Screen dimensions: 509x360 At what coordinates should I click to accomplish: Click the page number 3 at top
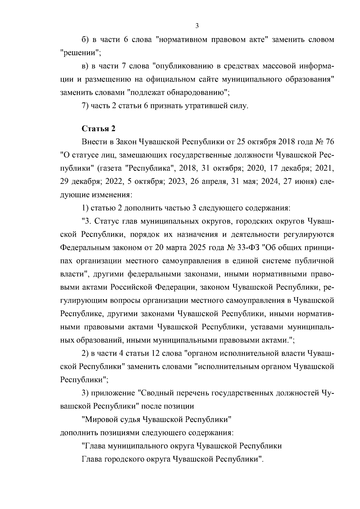pyautogui.click(x=197, y=26)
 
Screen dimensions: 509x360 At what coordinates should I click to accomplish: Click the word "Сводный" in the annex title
pyautogui.click(x=157, y=393)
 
